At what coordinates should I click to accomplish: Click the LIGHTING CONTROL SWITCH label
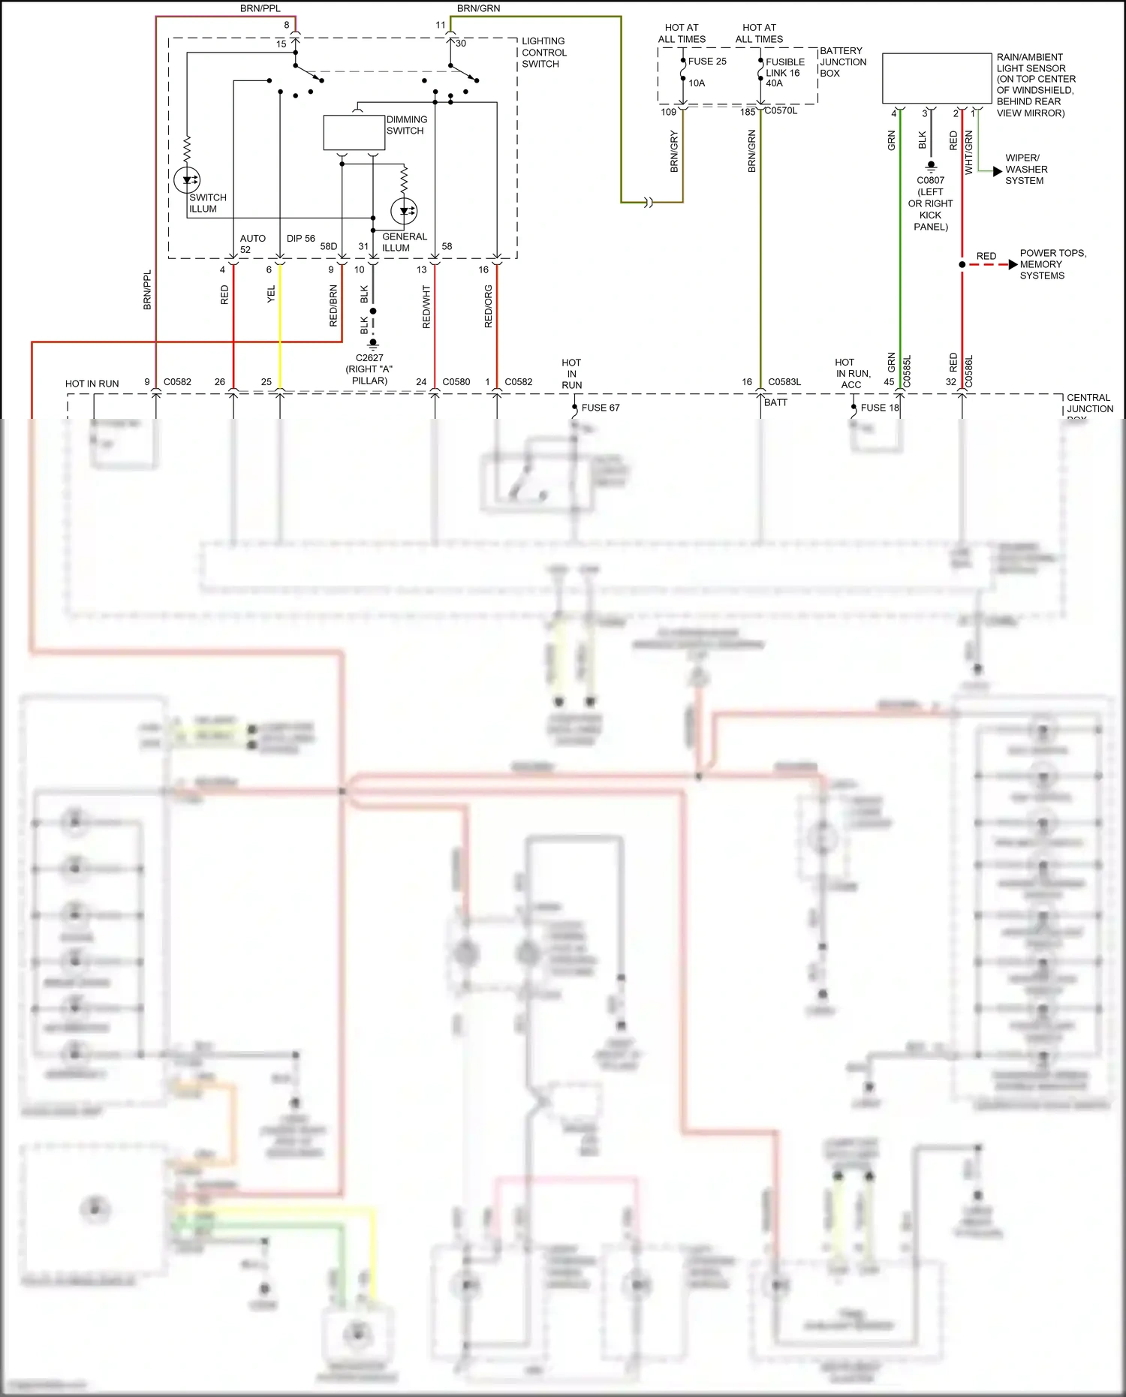click(543, 53)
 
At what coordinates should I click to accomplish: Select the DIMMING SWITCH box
click(354, 133)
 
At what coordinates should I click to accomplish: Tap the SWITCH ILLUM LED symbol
click(187, 180)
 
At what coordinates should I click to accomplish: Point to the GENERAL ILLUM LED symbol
click(404, 211)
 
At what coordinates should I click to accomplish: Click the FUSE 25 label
click(707, 62)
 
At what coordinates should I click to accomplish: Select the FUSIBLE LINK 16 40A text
click(784, 73)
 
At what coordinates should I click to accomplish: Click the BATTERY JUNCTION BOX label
click(842, 62)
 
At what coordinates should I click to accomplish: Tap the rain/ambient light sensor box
click(937, 78)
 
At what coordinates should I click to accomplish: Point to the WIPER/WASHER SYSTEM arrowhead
click(998, 171)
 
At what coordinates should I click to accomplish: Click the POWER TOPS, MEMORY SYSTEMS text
click(1052, 264)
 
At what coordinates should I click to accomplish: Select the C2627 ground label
click(369, 369)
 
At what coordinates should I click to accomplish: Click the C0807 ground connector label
click(931, 203)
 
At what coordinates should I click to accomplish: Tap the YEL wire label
click(272, 294)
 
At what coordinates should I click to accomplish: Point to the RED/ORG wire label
click(489, 306)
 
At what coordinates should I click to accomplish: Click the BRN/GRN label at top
click(478, 8)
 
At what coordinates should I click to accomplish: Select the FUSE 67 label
click(601, 408)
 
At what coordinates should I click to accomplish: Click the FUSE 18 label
click(879, 408)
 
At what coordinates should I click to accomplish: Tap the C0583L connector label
click(784, 382)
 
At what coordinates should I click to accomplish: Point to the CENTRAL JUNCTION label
click(1089, 403)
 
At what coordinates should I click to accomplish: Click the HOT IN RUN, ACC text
click(852, 373)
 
